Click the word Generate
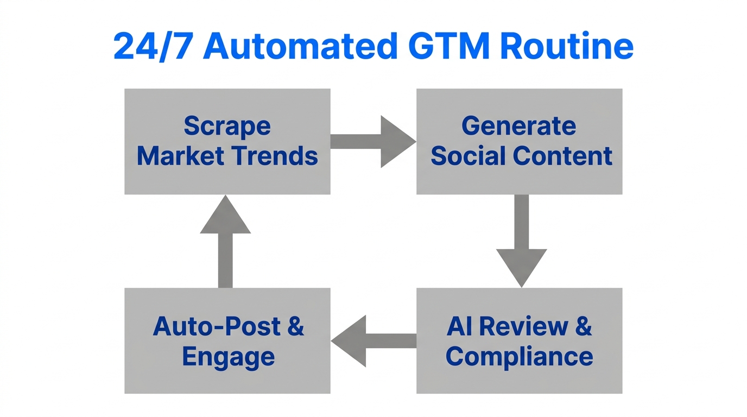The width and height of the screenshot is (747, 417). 518,127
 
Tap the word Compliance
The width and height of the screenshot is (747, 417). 520,357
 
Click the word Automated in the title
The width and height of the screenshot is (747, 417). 300,47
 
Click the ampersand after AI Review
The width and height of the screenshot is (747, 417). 583,326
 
